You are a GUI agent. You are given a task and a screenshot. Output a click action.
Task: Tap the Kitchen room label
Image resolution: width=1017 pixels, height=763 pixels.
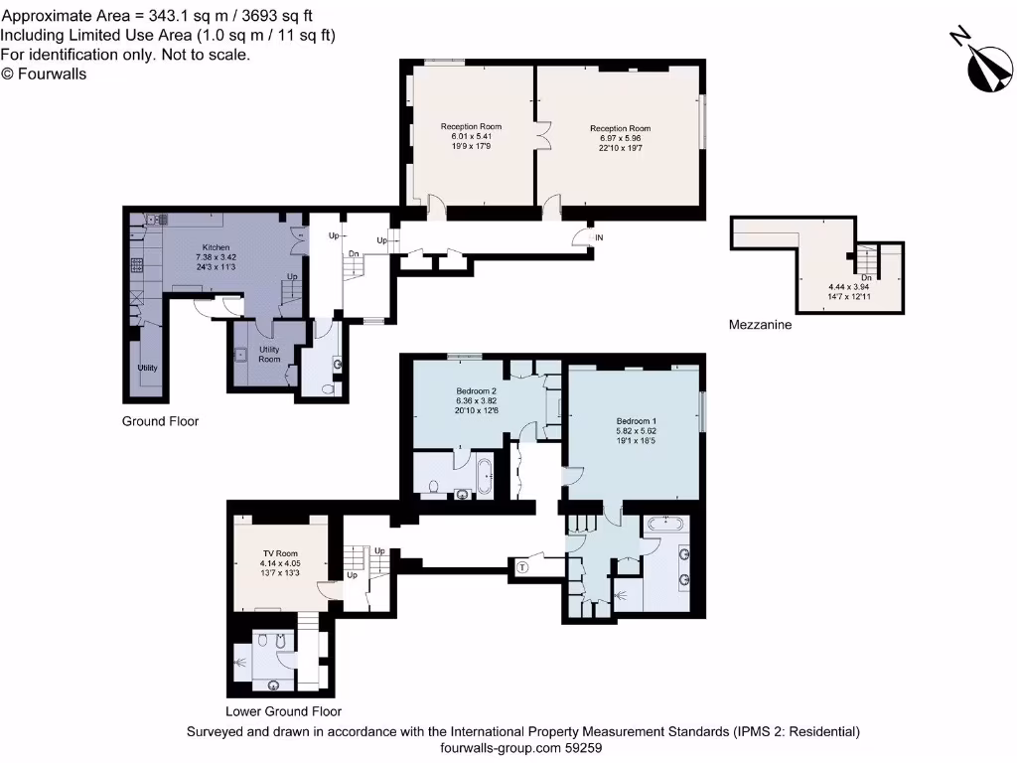pyautogui.click(x=217, y=247)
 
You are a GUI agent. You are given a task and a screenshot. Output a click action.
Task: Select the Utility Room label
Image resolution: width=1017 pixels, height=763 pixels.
pyautogui.click(x=269, y=354)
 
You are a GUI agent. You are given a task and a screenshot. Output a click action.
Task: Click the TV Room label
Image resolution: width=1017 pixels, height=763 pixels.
pyautogui.click(x=280, y=552)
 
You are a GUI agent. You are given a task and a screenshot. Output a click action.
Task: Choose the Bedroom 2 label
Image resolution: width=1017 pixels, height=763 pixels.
pyautogui.click(x=476, y=391)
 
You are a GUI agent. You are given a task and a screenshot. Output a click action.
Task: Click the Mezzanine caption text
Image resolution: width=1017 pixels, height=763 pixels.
pyautogui.click(x=760, y=325)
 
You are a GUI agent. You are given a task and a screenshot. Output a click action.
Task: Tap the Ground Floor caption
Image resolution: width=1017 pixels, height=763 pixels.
pyautogui.click(x=160, y=421)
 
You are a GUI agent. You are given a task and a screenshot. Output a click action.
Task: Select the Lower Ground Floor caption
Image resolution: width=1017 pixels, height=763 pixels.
pyautogui.click(x=283, y=711)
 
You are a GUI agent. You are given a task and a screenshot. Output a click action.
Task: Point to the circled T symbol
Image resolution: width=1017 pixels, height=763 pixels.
pyautogui.click(x=522, y=566)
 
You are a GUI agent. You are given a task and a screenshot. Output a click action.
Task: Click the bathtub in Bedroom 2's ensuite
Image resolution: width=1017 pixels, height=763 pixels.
pyautogui.click(x=486, y=476)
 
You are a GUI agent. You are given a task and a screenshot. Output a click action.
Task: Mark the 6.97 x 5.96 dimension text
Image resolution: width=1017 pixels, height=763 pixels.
pyautogui.click(x=620, y=138)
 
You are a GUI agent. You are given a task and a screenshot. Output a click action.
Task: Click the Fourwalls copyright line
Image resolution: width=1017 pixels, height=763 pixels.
pyautogui.click(x=44, y=73)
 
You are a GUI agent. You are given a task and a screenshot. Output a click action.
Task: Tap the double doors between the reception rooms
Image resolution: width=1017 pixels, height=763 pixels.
pyautogui.click(x=541, y=136)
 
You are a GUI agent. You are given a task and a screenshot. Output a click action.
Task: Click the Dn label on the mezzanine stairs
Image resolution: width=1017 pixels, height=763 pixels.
pyautogui.click(x=866, y=277)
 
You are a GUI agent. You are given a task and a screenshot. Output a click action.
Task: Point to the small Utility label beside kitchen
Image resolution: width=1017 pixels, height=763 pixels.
pyautogui.click(x=147, y=368)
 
